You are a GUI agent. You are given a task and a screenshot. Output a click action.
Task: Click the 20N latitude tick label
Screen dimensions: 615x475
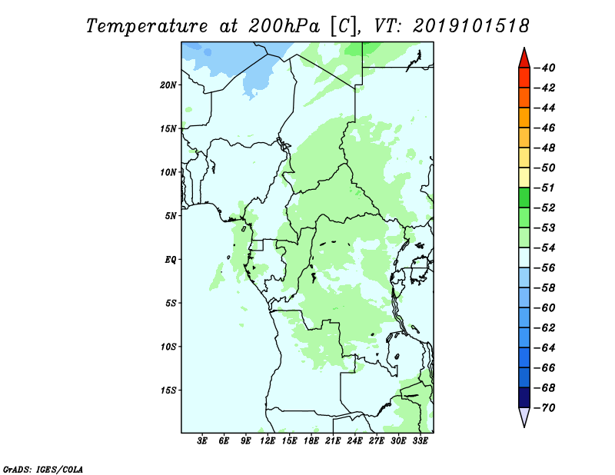[x=168, y=85]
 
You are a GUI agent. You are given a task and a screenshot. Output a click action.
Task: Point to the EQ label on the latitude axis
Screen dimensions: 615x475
[x=170, y=259]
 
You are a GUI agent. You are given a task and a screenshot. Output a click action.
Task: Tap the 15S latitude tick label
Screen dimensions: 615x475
[x=168, y=390]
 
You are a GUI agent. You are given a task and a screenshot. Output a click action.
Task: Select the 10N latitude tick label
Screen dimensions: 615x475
[x=168, y=172]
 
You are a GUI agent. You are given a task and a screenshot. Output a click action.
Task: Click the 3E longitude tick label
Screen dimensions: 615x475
[x=202, y=440]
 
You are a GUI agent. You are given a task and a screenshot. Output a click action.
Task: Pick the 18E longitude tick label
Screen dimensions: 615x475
[x=311, y=440]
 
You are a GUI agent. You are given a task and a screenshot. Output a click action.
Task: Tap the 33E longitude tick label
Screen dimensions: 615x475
[x=420, y=440]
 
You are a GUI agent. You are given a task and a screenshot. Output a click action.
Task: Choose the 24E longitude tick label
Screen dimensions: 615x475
[x=354, y=440]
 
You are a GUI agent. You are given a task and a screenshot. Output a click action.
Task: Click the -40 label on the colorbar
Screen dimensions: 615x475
[x=545, y=68]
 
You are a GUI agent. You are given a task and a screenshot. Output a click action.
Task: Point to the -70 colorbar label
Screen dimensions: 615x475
[x=545, y=408]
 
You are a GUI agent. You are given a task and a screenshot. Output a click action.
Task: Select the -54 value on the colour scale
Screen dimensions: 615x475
[x=545, y=248]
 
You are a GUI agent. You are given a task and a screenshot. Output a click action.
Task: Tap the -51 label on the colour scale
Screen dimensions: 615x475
[x=545, y=188]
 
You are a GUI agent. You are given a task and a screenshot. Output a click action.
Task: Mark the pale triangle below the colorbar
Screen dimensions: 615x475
[x=524, y=416]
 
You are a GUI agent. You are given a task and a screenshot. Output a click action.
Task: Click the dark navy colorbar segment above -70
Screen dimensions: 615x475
[x=524, y=397]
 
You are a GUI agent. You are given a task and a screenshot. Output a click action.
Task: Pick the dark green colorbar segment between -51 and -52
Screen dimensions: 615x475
[x=524, y=198]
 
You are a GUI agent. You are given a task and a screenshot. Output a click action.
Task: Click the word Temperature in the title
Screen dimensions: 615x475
[x=147, y=26]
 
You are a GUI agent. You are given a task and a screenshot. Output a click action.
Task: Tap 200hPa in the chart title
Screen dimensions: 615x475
[x=284, y=26]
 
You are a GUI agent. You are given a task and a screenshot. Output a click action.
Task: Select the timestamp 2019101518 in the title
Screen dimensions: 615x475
[x=471, y=26]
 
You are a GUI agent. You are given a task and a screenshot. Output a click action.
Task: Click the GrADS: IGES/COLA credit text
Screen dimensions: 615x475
[x=43, y=469]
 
